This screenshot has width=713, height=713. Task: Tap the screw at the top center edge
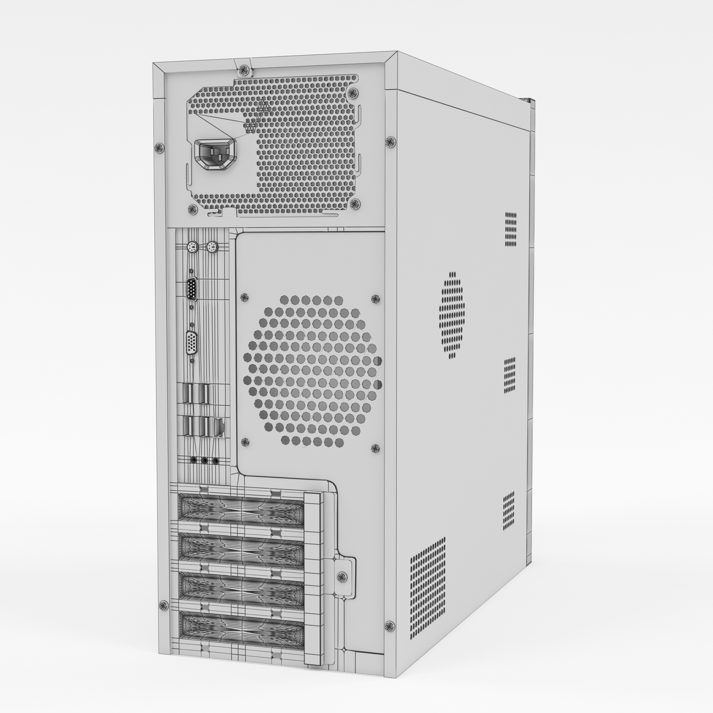(x=242, y=69)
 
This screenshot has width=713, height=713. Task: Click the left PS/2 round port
(x=191, y=246)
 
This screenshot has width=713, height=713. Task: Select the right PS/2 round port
(x=212, y=246)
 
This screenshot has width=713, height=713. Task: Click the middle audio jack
(x=205, y=460)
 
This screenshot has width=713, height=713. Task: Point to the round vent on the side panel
(x=451, y=315)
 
